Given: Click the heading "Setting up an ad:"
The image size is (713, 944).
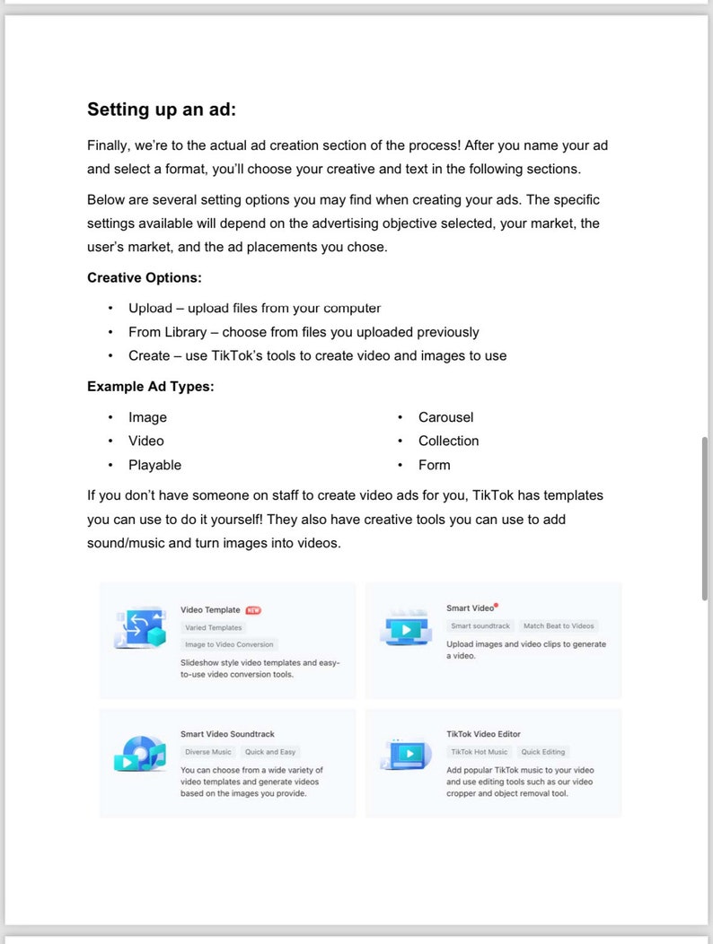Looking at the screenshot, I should tap(162, 109).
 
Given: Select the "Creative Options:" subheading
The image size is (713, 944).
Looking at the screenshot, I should tap(144, 277).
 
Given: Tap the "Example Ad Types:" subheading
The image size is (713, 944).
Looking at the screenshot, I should tap(150, 386).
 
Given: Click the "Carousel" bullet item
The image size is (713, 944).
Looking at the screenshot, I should tap(445, 417).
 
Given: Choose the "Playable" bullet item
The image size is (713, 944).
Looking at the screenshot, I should tap(154, 465).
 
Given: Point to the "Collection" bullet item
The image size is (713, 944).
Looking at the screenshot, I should tap(448, 441).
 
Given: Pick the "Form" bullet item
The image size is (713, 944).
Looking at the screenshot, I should tap(434, 465).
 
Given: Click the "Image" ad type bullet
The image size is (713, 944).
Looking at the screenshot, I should tap(147, 417).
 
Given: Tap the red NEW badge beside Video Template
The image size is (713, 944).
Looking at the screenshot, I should tap(253, 610).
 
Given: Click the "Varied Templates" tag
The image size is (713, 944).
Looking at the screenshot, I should tap(214, 627).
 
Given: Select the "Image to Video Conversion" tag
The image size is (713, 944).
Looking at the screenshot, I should tap(229, 644).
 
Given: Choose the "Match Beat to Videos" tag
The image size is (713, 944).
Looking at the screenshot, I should tap(559, 626).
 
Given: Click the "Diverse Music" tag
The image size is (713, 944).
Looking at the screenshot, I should tap(208, 752).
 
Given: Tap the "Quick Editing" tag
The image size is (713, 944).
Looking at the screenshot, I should tap(543, 752).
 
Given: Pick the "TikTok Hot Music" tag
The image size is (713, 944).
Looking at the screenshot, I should tap(479, 752).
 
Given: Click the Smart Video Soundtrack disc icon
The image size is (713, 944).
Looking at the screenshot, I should tap(139, 754).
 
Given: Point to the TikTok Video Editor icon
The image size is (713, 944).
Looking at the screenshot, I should tap(406, 753).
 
